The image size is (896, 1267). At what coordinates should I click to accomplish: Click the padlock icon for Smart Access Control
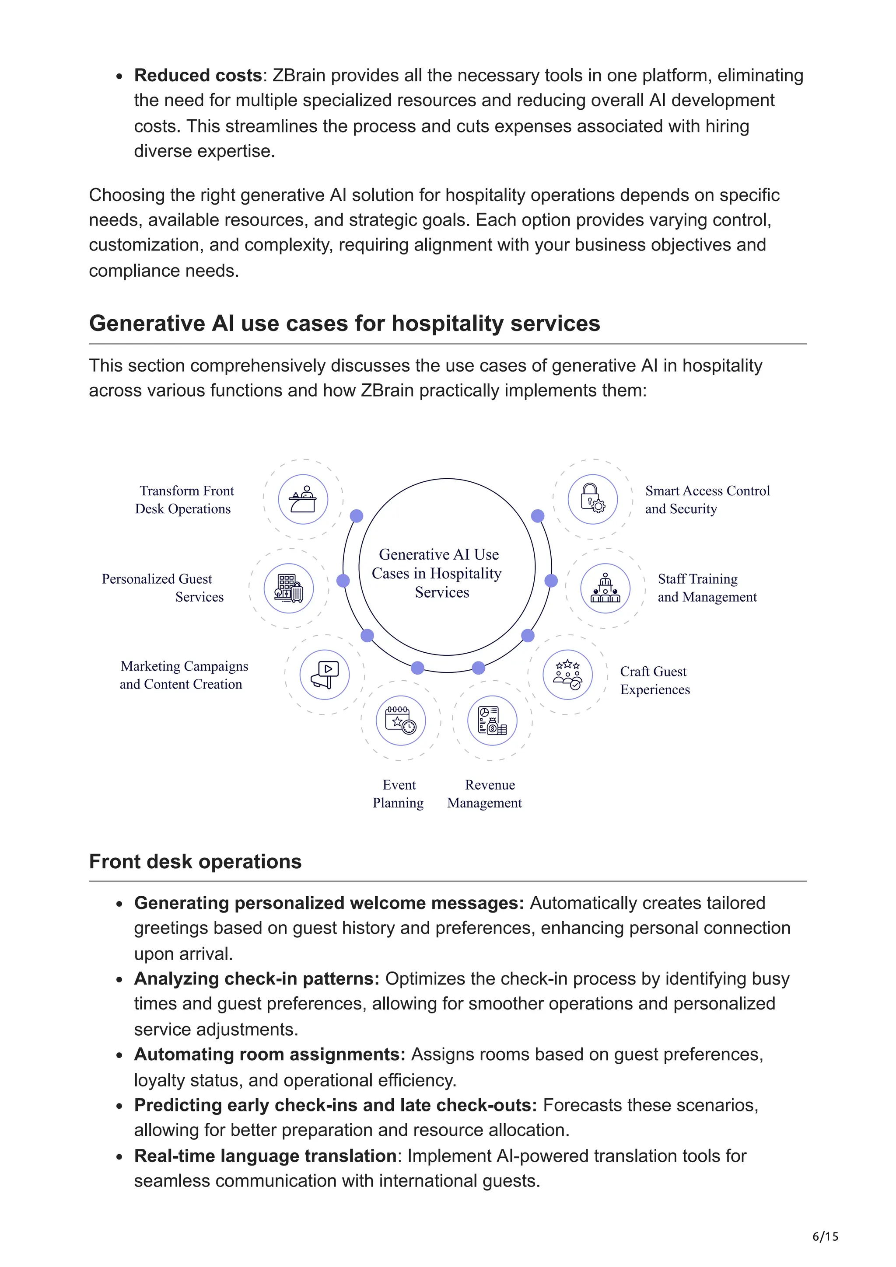[592, 499]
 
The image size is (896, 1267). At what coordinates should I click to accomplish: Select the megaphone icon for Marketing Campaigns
[325, 674]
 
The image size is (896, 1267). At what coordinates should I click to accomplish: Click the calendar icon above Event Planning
[401, 720]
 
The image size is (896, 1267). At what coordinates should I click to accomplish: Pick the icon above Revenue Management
[492, 720]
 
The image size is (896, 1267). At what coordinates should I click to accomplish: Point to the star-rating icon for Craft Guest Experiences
[567, 674]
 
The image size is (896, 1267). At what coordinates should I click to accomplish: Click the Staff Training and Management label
[707, 588]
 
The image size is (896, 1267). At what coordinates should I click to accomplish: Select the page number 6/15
[825, 1236]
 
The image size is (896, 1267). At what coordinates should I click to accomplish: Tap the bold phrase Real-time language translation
[265, 1156]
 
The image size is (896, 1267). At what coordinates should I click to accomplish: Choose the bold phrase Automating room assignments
[269, 1054]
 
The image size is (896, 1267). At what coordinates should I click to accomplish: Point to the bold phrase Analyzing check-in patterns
[256, 978]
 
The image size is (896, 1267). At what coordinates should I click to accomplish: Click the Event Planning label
[399, 794]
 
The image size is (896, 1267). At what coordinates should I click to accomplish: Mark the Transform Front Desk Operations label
[184, 499]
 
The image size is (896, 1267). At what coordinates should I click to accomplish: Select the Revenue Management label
[485, 794]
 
